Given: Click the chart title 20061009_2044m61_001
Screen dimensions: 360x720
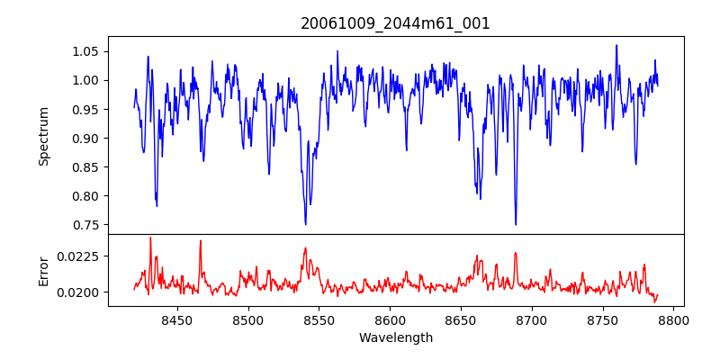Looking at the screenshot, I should point(395,23).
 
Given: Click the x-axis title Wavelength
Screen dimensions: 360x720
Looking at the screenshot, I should point(395,338).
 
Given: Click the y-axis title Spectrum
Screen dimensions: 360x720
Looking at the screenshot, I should point(43,135).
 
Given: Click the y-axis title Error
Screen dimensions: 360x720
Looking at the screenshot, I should point(43,270).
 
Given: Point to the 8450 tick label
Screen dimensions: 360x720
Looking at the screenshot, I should point(176,319).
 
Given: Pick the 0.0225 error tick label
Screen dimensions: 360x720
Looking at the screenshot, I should point(82,256).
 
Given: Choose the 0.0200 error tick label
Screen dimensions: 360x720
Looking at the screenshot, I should point(82,292).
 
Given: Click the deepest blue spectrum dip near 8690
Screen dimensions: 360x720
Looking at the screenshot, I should point(516,224).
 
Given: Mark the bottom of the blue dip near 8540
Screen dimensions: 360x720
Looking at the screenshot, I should point(306,223).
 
